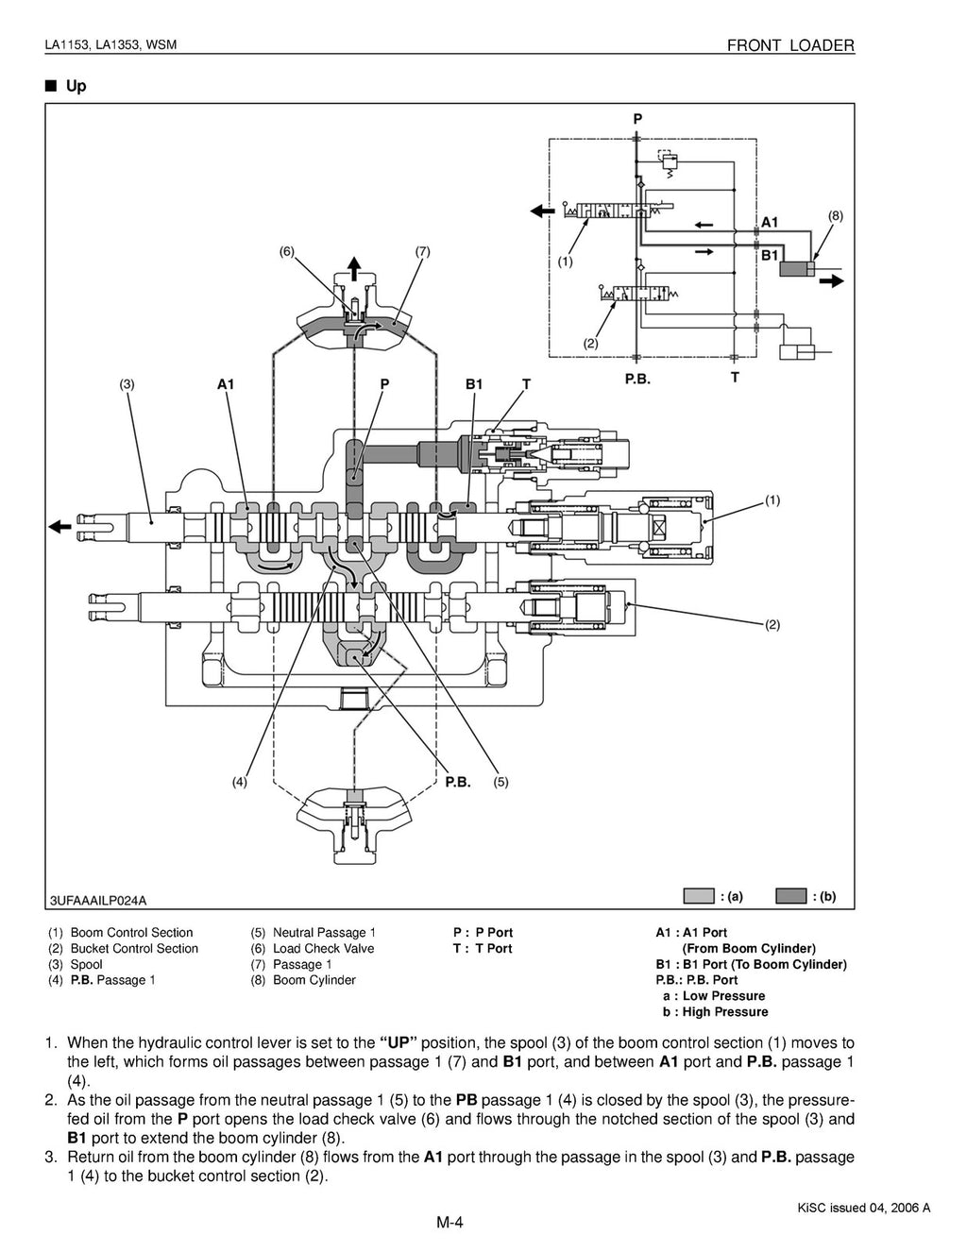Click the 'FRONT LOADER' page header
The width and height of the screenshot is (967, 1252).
[x=790, y=45]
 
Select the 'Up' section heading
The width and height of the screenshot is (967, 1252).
[x=76, y=86]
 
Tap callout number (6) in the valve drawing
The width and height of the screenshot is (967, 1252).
[x=287, y=251]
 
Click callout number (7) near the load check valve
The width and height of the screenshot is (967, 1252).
[x=422, y=251]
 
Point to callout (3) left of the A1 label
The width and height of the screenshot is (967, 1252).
[x=127, y=384]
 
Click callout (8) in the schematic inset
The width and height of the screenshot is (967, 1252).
[x=835, y=215]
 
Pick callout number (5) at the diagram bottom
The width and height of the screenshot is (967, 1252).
[x=500, y=782]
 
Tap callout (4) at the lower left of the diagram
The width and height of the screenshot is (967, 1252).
[x=240, y=782]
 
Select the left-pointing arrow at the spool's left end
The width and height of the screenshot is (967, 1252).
[x=60, y=527]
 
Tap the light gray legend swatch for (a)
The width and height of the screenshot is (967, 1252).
[x=699, y=896]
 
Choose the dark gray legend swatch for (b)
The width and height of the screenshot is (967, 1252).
[x=790, y=896]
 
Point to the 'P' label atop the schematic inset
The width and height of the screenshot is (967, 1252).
[x=637, y=119]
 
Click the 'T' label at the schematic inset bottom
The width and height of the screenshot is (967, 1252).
[x=735, y=377]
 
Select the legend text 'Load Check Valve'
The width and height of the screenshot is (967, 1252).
[x=323, y=948]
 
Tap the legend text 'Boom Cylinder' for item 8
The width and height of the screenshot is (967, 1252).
[x=314, y=980]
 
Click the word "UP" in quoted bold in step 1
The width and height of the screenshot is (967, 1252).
[x=398, y=1043]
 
